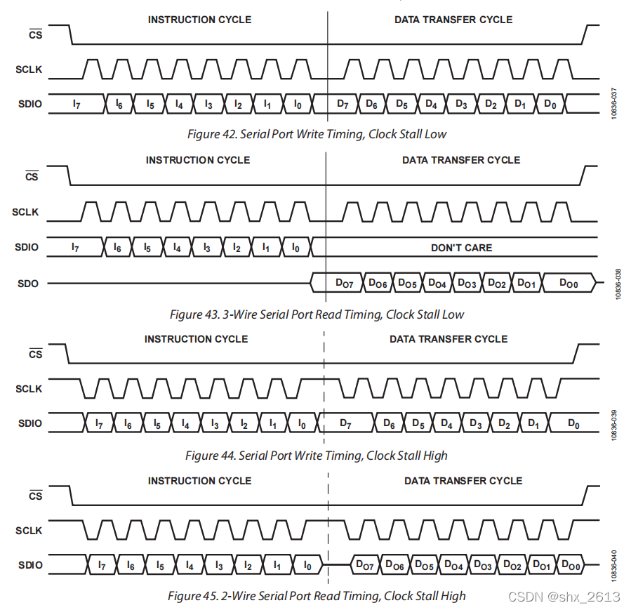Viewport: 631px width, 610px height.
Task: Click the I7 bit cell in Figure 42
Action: pos(77,104)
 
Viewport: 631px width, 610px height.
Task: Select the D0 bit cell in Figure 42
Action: pos(550,104)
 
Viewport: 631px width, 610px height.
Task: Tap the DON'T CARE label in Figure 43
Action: pos(461,248)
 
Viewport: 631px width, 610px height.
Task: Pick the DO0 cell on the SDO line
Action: pos(569,283)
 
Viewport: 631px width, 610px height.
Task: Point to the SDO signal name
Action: pos(28,284)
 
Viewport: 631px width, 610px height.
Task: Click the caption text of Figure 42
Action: pos(317,133)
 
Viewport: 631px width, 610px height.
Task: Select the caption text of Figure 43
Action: pos(317,314)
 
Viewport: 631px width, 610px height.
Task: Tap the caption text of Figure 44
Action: pos(317,456)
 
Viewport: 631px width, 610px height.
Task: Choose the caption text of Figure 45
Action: pos(317,596)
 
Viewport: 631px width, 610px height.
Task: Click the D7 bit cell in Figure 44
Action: pos(345,423)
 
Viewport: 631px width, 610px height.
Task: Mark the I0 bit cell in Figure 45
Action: pos(307,565)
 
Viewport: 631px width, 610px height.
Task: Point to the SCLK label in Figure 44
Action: pos(29,389)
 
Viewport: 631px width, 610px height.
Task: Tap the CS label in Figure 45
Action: pos(34,496)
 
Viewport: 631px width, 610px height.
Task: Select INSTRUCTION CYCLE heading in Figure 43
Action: pos(198,160)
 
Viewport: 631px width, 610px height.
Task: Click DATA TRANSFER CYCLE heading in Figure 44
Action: pos(449,339)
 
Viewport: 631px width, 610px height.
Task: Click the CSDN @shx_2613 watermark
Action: pos(564,597)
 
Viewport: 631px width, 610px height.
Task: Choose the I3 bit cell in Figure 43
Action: pos(206,248)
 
